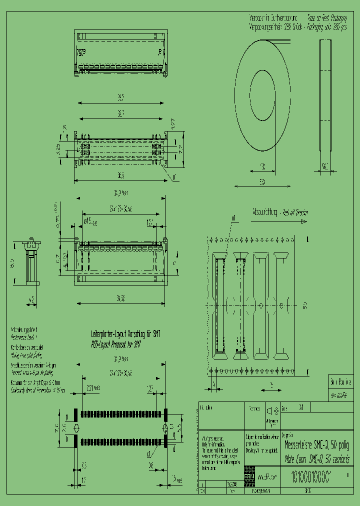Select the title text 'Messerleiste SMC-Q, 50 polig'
click(x=316, y=445)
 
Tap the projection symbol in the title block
click(x=272, y=410)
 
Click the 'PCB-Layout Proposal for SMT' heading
click(x=116, y=344)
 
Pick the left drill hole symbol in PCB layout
click(x=76, y=428)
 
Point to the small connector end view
click(x=31, y=263)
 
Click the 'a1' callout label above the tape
click(x=233, y=218)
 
